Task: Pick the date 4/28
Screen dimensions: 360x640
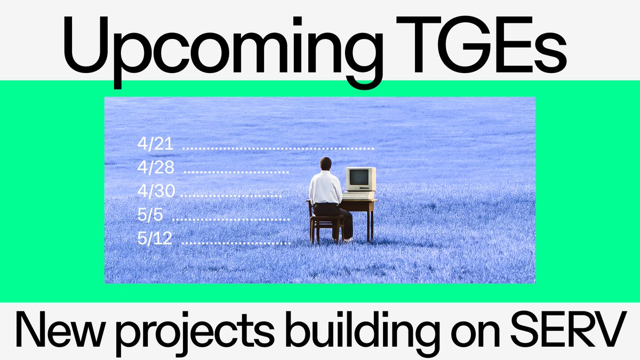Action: coord(155,167)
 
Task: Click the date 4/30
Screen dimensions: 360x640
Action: coord(156,191)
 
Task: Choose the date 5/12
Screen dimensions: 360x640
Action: coord(155,239)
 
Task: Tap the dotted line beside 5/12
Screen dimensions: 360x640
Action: coord(236,243)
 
